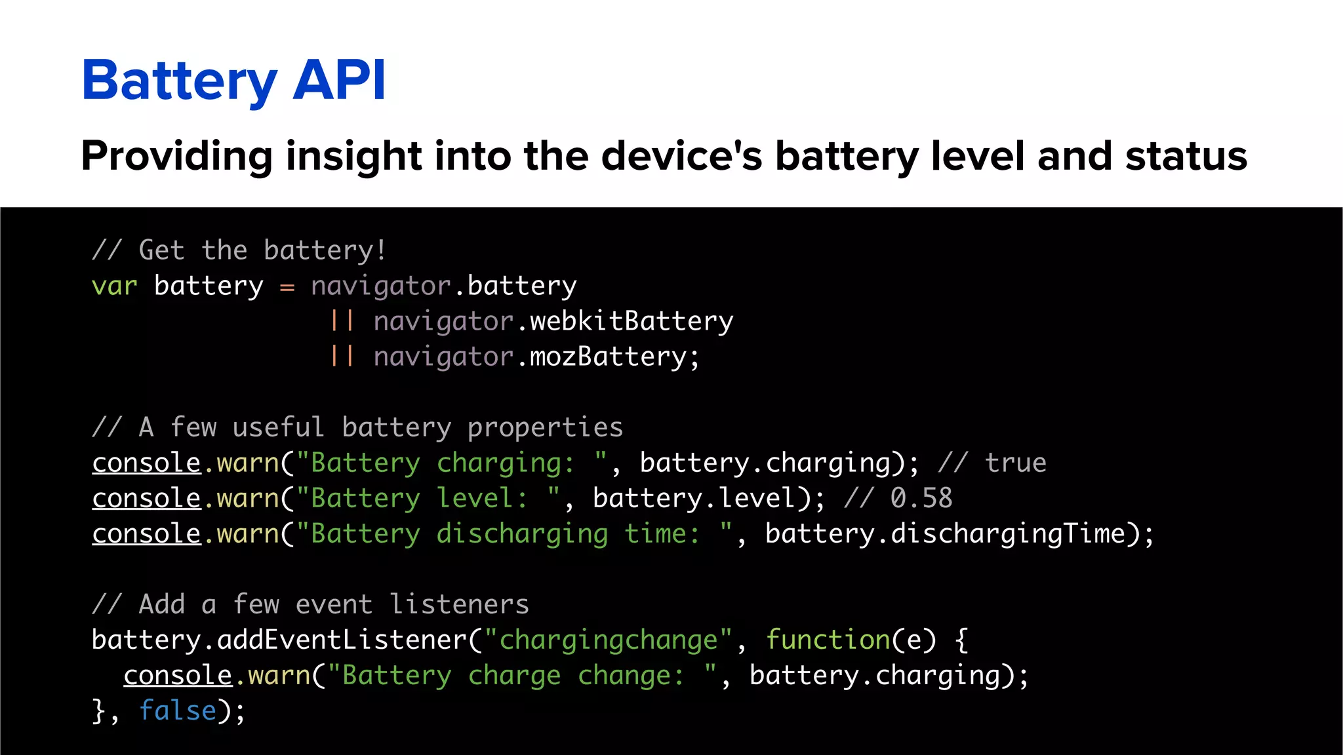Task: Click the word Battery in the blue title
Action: point(179,81)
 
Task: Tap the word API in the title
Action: point(339,81)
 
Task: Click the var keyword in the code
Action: point(114,286)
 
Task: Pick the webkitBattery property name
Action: point(631,321)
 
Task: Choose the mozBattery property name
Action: point(607,357)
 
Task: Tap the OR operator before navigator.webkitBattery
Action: point(342,321)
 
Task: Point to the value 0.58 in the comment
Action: point(921,498)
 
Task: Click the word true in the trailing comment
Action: point(1015,463)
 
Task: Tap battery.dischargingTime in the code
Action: point(951,533)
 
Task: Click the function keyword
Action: point(828,640)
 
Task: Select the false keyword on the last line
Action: point(177,710)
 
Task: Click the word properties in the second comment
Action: point(545,428)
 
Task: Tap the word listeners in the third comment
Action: point(459,604)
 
